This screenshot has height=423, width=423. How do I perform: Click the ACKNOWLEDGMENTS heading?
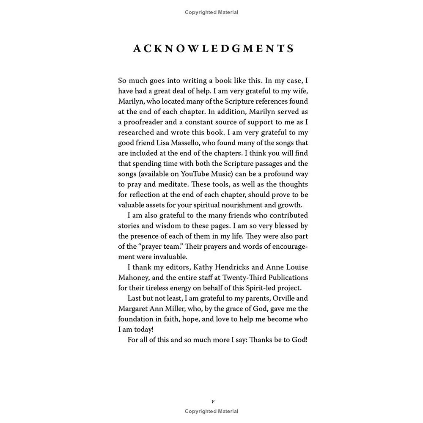click(214, 49)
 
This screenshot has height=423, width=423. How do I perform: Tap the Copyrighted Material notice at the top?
click(211, 12)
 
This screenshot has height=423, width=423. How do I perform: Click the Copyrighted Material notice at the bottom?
click(211, 411)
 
